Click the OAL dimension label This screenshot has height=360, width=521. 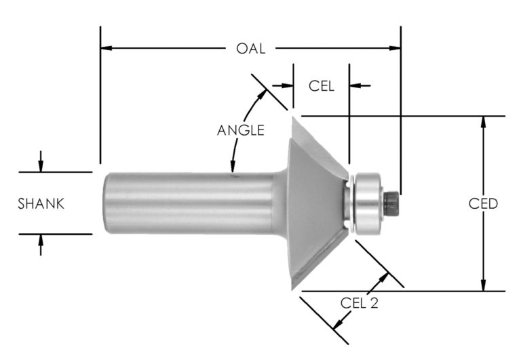(x=250, y=49)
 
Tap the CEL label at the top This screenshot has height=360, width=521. (x=322, y=86)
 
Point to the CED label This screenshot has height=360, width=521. (x=483, y=203)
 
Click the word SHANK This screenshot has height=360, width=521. (x=41, y=203)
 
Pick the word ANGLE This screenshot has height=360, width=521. (x=240, y=130)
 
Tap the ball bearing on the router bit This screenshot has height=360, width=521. (x=367, y=202)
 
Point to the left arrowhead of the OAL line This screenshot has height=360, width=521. (x=106, y=49)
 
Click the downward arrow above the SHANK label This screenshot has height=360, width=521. (x=41, y=167)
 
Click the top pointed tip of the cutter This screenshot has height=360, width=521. (x=294, y=117)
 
